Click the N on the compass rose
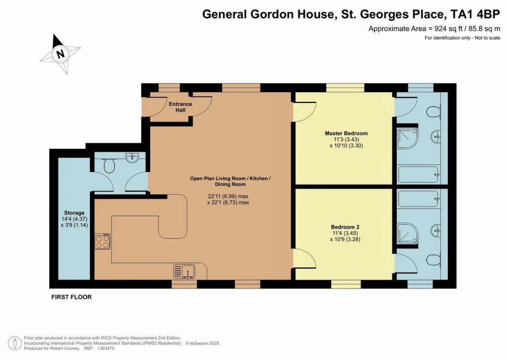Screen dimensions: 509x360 click(60, 54)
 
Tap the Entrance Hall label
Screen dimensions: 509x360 click(180, 107)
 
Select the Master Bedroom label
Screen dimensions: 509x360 click(346, 133)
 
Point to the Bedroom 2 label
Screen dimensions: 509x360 click(345, 227)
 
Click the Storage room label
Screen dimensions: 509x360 click(74, 213)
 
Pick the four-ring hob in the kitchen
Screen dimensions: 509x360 click(102, 241)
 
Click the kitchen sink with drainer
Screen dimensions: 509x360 click(184, 271)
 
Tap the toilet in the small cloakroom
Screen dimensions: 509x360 click(110, 166)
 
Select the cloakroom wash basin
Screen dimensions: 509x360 click(132, 158)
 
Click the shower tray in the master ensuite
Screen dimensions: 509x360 click(408, 138)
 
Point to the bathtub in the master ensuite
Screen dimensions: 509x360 click(419, 175)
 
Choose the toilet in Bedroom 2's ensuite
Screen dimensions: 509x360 click(433, 261)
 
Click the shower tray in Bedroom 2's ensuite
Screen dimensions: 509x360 click(408, 232)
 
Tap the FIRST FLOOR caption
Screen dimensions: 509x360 click(72, 297)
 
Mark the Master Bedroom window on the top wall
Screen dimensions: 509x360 click(345, 88)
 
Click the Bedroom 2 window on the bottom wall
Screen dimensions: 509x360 click(346, 284)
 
